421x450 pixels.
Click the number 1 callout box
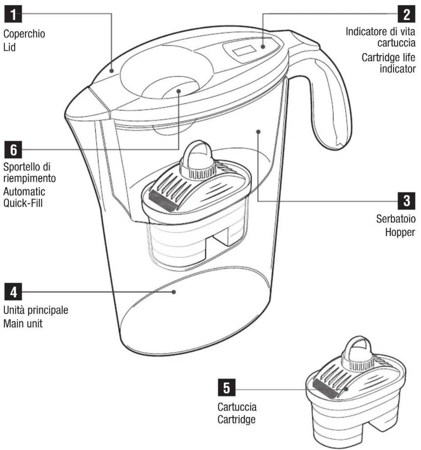pos(13,14)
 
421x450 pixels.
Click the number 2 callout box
pos(407,14)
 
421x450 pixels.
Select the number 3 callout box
pos(407,201)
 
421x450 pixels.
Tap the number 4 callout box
pos(13,291)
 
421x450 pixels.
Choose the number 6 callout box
pos(13,149)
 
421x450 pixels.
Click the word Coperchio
pos(24,34)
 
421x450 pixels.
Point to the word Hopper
pos(400,233)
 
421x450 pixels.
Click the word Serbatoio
pos(396,219)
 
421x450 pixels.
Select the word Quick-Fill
pos(23,203)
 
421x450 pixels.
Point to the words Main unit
pos(23,324)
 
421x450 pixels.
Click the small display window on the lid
pos(245,51)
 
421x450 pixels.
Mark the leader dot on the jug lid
pos(111,71)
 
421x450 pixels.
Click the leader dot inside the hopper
pos(258,131)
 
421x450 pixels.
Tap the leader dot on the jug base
pos(174,292)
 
